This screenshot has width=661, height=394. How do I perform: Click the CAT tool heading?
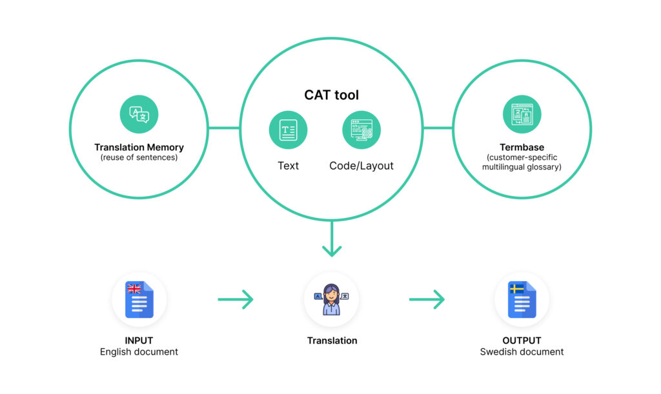pos(331,95)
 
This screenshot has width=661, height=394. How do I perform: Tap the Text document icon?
pos(288,130)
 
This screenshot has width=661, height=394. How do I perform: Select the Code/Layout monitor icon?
pos(361,130)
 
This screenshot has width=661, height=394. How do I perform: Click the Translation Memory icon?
pos(139,115)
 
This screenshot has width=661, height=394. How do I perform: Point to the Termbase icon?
pos(522,115)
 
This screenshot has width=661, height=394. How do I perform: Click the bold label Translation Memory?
pos(139,148)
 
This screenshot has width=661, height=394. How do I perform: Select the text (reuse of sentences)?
pos(139,157)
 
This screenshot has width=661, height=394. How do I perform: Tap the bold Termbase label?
pos(522,148)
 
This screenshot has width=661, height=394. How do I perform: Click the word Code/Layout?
pos(361,166)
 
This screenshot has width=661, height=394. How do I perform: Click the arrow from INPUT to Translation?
pos(235,299)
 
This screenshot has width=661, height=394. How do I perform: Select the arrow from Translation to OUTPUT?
pos(427,299)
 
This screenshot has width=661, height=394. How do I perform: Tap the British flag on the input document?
pos(134,289)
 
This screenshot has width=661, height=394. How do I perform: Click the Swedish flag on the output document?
pos(516,288)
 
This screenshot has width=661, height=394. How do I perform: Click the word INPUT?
pos(139,340)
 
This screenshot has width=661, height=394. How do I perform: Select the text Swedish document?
pos(522,352)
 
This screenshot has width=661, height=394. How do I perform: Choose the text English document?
pos(139,352)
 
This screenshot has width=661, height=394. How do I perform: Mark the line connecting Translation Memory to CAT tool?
pos(224,128)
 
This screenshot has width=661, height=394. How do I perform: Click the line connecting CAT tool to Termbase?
pos(438,128)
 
